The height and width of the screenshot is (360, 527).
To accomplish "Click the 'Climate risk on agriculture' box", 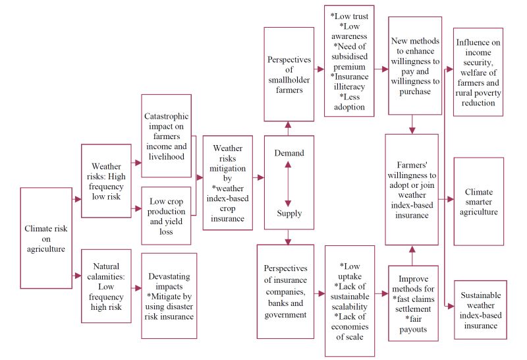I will pyautogui.click(x=45, y=238).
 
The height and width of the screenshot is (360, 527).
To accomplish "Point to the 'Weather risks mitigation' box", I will pyautogui.click(x=227, y=183).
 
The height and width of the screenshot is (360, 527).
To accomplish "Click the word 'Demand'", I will pyautogui.click(x=289, y=153).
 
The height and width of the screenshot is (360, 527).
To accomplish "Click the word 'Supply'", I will pyautogui.click(x=289, y=213).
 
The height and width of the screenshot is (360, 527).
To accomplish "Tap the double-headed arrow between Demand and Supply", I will pyautogui.click(x=289, y=183).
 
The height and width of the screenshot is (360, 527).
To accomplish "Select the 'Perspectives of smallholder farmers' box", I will pyautogui.click(x=289, y=74).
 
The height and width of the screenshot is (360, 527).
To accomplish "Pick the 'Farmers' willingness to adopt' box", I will pyautogui.click(x=412, y=191).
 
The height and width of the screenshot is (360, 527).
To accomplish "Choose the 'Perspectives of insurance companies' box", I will pyautogui.click(x=289, y=292).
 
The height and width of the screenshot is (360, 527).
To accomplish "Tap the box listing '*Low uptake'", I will pyautogui.click(x=350, y=301).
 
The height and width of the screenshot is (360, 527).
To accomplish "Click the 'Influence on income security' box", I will pyautogui.click(x=479, y=72).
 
